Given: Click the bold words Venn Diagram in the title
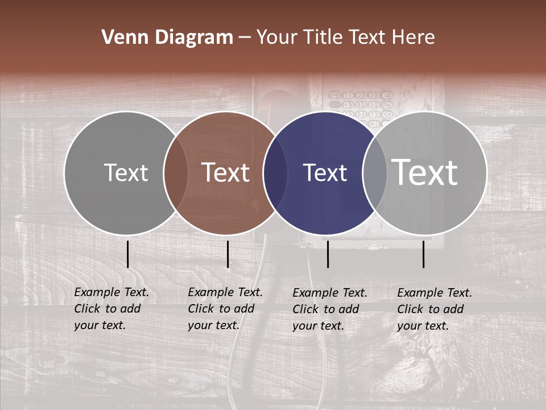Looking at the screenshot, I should (167, 38).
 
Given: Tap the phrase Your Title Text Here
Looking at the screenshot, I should (345, 38).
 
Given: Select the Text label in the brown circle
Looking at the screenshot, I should (226, 173).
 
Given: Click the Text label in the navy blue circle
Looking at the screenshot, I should (325, 173).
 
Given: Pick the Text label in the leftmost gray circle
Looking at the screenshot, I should (126, 173).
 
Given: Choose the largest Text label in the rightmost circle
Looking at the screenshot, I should (425, 172).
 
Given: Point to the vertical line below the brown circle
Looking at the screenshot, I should (227, 254).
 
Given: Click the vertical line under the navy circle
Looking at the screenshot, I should (328, 254).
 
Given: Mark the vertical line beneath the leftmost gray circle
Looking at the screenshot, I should (127, 254).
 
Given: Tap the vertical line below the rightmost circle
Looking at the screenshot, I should (424, 254).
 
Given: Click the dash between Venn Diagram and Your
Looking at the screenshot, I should (245, 38).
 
